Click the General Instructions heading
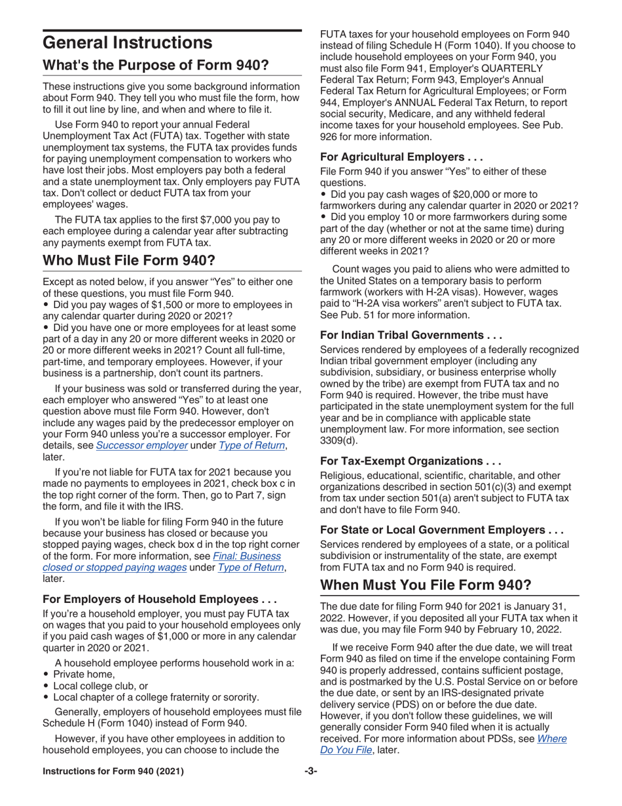click(127, 43)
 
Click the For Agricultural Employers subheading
click(401, 157)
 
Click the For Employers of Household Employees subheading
click(160, 599)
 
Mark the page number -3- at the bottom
click(310, 771)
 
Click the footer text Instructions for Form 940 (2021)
click(113, 771)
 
